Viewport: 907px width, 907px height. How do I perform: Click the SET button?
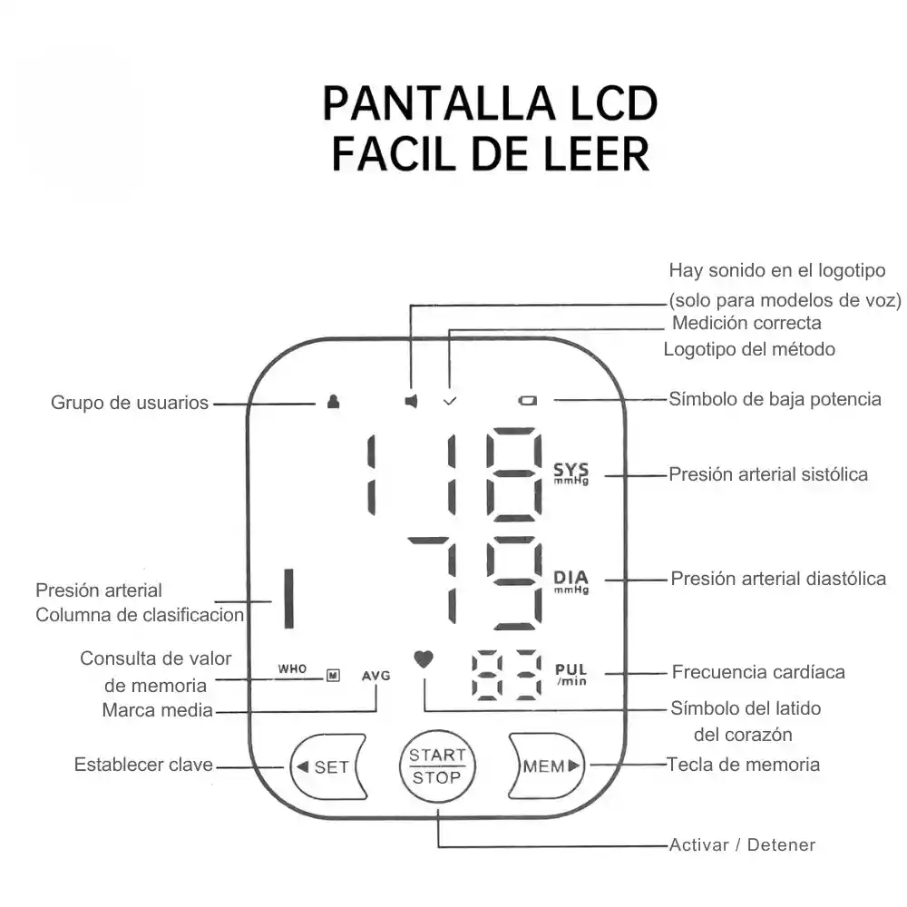[x=327, y=766]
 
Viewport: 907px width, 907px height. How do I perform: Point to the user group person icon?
[x=333, y=401]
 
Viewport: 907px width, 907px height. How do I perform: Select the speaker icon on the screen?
[x=411, y=401]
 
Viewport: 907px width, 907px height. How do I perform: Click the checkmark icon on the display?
[x=448, y=400]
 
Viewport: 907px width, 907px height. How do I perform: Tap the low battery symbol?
[x=529, y=400]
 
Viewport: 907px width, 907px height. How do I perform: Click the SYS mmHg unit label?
[x=571, y=473]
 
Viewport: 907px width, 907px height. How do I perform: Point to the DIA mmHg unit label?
[x=571, y=580]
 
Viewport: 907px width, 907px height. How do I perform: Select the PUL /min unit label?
[x=571, y=674]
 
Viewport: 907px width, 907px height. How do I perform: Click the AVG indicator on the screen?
[x=375, y=676]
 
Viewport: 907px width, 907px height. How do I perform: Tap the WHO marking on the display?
[x=293, y=669]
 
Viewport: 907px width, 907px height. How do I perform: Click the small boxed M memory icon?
[x=333, y=675]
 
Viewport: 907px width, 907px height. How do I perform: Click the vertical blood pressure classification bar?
[x=288, y=599]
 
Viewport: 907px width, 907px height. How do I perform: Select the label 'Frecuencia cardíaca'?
[x=758, y=672]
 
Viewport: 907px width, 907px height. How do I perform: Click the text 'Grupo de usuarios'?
[x=130, y=403]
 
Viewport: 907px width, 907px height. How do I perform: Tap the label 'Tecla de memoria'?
[x=743, y=765]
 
